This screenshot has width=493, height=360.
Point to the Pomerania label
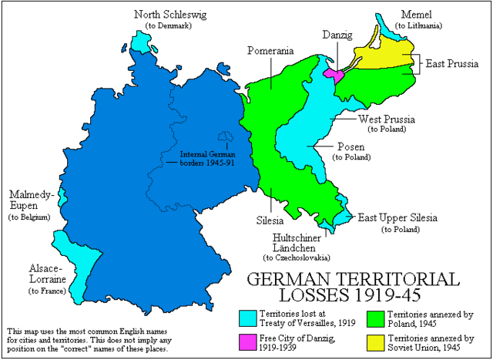(270, 51)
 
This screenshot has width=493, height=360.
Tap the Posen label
(348, 145)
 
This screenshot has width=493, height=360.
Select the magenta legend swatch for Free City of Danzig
(247, 340)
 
